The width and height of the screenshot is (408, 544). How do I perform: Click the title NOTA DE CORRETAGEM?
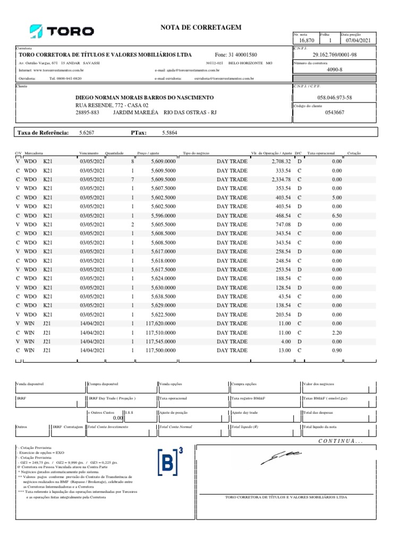[201, 27]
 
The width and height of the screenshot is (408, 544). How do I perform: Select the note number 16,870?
[307, 40]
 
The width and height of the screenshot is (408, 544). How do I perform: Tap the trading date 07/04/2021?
[360, 40]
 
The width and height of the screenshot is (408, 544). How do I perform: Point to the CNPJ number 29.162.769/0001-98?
[334, 55]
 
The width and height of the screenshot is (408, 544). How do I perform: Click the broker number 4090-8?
[334, 69]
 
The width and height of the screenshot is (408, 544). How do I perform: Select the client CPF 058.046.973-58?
[334, 98]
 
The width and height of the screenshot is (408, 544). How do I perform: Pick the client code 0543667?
[334, 112]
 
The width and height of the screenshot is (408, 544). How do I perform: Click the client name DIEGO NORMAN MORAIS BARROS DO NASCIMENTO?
[145, 98]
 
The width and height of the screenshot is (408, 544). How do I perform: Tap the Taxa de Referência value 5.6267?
[87, 133]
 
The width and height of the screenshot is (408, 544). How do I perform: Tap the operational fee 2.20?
[336, 332]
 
